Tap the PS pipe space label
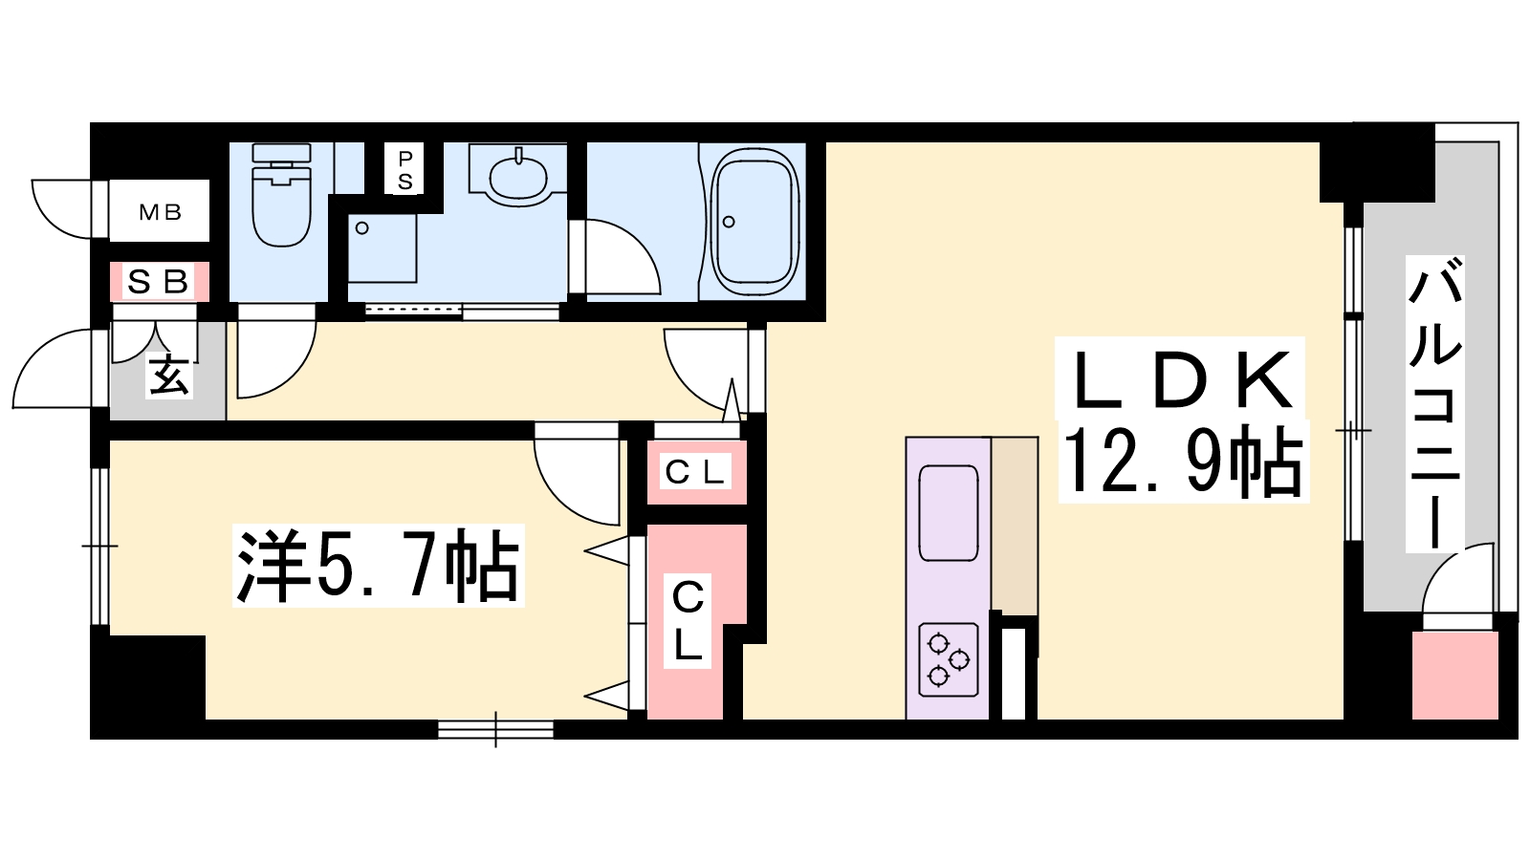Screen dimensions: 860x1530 point(405,170)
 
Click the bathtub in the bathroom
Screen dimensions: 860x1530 point(754,223)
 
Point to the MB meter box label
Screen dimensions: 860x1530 point(160,212)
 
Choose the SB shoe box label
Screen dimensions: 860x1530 point(158,282)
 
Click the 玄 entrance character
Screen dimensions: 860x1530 point(168,376)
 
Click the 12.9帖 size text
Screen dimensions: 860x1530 point(1182,462)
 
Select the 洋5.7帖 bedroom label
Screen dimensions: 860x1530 point(378,566)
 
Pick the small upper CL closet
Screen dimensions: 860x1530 point(695,471)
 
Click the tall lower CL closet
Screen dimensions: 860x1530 point(688,619)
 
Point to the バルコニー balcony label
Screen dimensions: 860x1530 point(1434,403)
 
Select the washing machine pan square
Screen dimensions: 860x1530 point(382,247)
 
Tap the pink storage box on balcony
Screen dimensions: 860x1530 point(1455,675)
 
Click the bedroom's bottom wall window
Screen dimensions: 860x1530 point(495,729)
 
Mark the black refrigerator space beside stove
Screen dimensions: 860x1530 point(1014,672)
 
